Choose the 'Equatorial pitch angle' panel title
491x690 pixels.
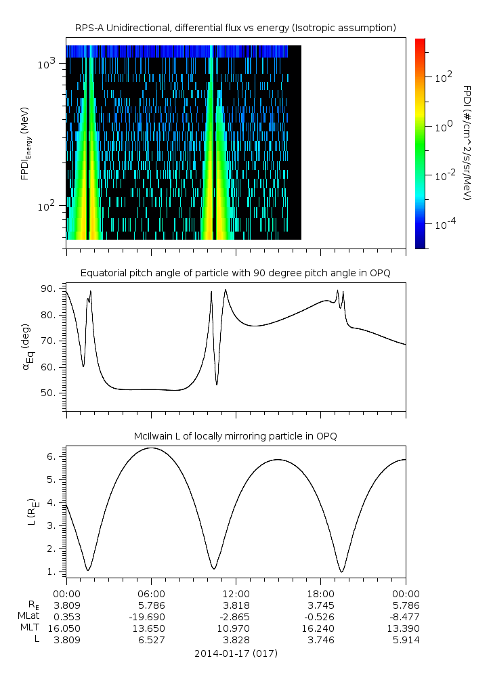(235, 273)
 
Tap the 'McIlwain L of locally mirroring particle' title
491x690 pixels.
(235, 436)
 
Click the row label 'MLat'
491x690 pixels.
(30, 616)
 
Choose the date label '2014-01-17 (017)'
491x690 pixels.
(235, 653)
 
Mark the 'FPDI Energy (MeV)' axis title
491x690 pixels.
(24, 142)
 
